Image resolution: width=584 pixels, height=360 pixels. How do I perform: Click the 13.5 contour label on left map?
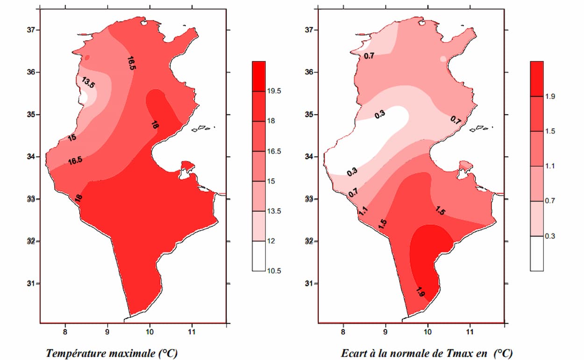[88, 83]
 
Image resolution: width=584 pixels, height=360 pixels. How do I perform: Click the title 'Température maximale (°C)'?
[112, 353]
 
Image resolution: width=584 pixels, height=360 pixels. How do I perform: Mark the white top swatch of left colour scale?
[258, 256]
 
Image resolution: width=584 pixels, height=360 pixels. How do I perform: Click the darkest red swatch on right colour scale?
[537, 79]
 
